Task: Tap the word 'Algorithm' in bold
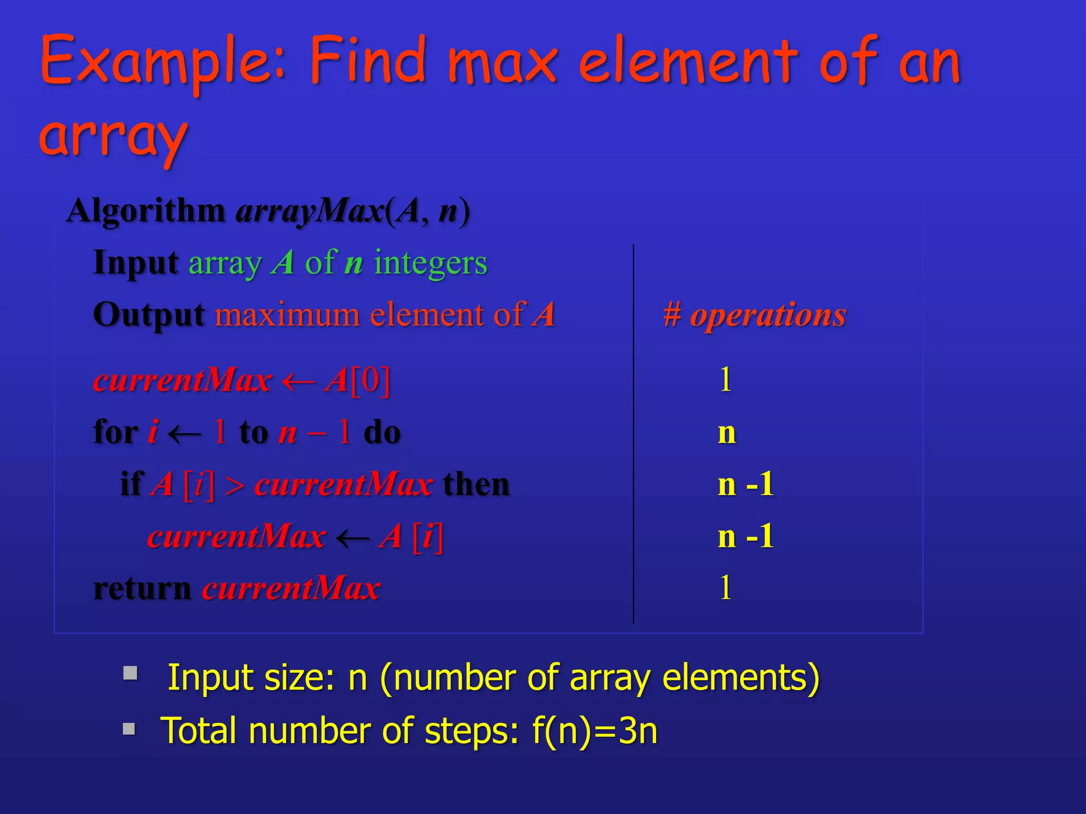[146, 211]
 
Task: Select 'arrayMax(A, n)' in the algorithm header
[353, 211]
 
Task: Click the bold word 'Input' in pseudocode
[136, 262]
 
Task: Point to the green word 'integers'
[430, 262]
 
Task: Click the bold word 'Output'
[149, 315]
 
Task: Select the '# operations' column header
[755, 315]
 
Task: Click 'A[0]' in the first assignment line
[358, 380]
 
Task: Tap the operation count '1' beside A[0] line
[725, 380]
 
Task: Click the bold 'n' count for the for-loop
[727, 432]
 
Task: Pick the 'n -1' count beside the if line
[746, 484]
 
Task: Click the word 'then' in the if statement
[476, 484]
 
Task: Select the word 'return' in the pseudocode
[142, 588]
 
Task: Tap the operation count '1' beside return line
[725, 588]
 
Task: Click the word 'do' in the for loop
[382, 432]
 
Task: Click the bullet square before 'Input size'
[130, 673]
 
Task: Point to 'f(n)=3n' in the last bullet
[594, 730]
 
